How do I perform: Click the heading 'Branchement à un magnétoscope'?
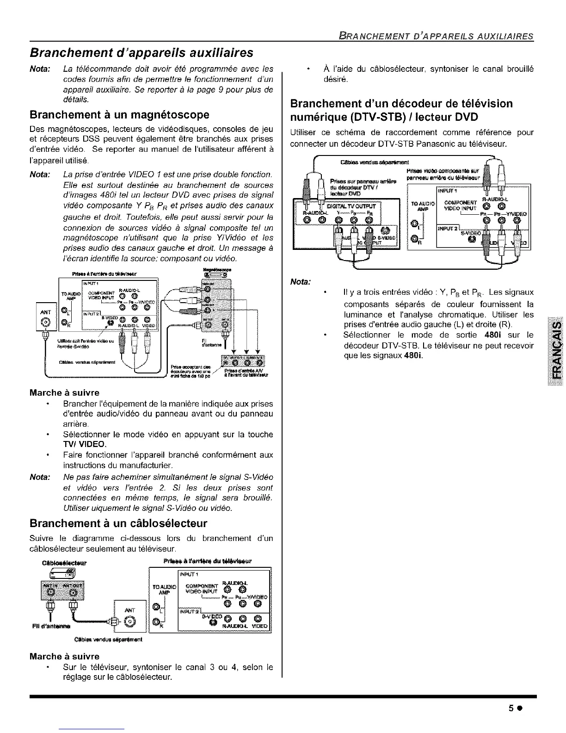coord(119,114)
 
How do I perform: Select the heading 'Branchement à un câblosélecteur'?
coord(118,523)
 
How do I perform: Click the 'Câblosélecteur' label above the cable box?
coord(65,563)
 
